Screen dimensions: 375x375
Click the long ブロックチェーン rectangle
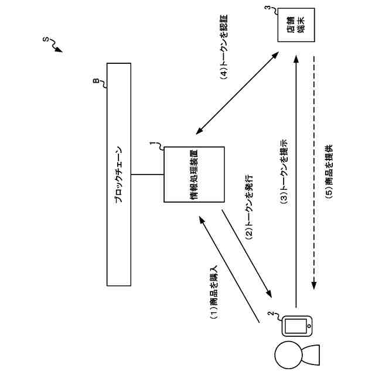(119, 174)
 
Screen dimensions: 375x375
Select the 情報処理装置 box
(194, 175)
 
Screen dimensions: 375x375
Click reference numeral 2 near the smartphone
(271, 314)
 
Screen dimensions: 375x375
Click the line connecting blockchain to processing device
(148, 174)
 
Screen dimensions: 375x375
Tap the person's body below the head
(311, 353)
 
